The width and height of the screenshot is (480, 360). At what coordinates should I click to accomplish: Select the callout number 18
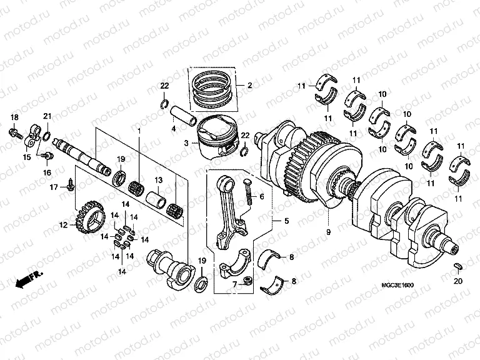14,118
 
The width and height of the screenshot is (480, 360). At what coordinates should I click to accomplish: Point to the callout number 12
63,225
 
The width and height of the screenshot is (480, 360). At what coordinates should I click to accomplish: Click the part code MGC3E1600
397,286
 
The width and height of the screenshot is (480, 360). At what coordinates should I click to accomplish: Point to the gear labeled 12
89,218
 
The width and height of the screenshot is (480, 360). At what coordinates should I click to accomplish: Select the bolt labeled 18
14,132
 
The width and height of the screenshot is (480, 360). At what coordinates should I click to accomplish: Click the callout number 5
286,221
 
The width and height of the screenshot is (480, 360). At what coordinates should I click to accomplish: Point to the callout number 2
249,85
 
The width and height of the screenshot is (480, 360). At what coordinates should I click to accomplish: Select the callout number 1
139,129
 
